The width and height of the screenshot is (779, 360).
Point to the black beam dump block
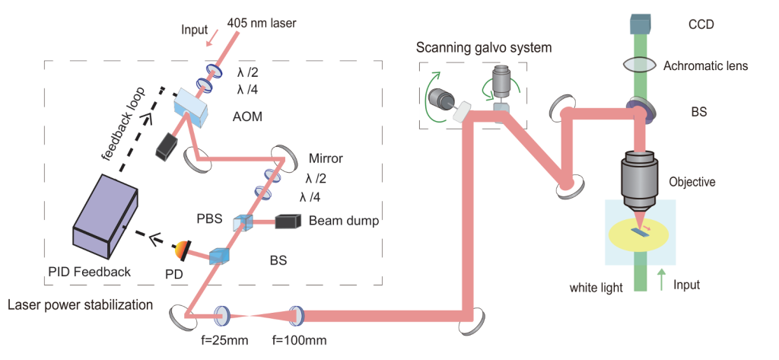[288, 221]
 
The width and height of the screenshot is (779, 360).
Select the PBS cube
[243, 222]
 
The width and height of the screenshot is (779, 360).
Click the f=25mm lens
[224, 314]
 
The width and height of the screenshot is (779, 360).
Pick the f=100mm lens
[294, 314]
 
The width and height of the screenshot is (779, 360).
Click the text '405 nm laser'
[261, 24]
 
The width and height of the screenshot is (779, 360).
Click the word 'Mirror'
[326, 160]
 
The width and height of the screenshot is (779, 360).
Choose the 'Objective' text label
[692, 182]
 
